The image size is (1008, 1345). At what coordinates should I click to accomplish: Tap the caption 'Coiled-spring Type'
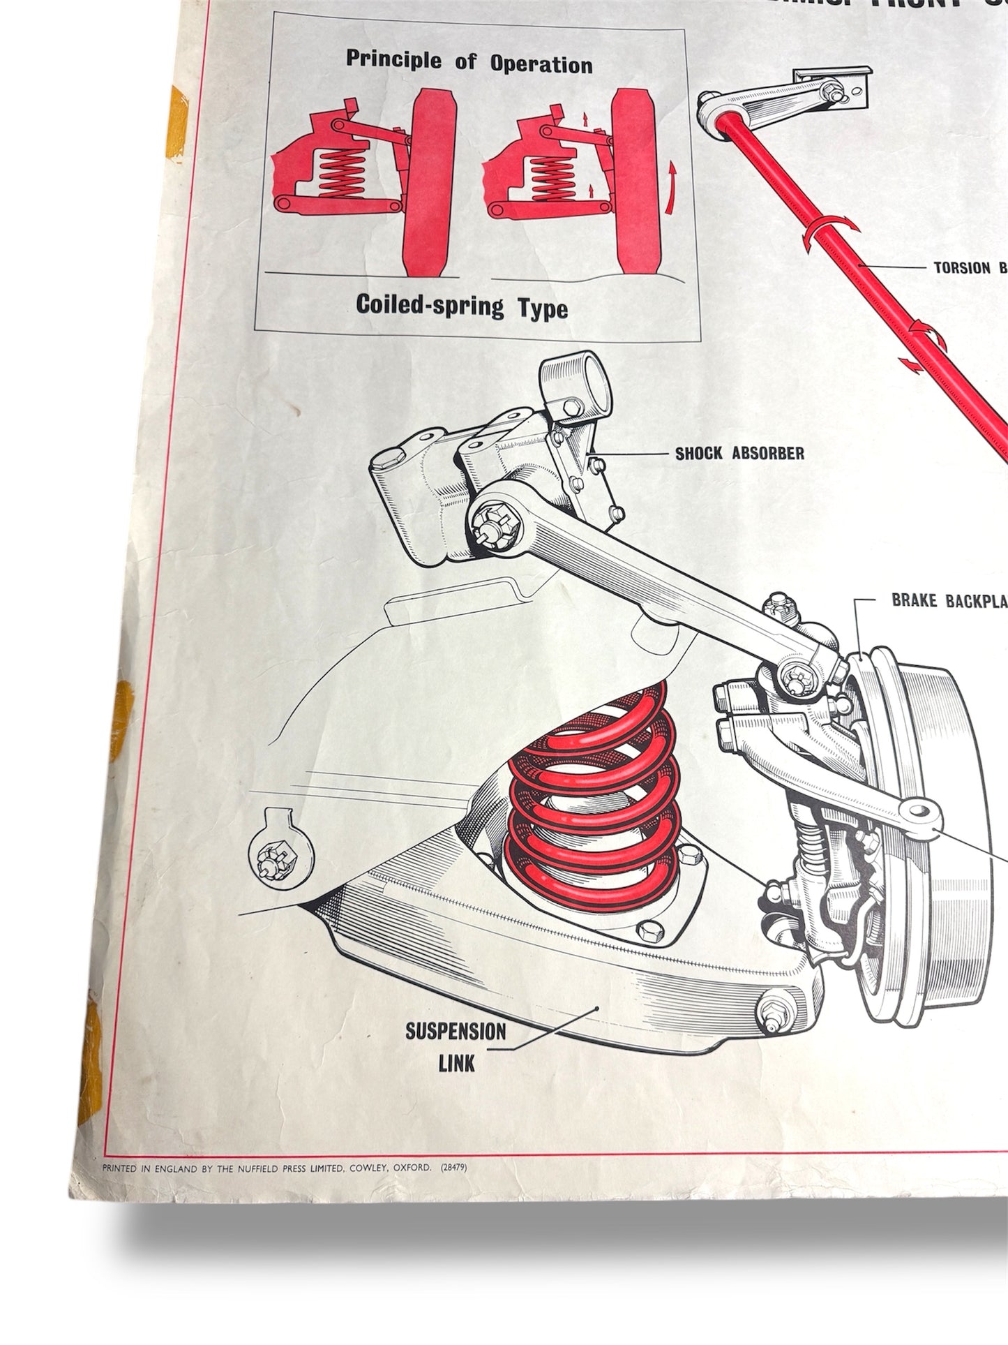coord(462,305)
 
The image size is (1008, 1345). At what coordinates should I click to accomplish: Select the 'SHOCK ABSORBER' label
coord(739,454)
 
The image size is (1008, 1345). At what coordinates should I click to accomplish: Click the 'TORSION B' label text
coord(970,267)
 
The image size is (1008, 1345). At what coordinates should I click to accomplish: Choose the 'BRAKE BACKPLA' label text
coord(949,601)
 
